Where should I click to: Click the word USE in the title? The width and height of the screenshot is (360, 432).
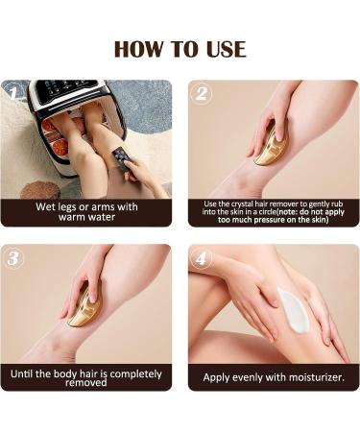click(x=224, y=48)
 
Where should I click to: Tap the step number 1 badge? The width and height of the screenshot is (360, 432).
click(x=14, y=93)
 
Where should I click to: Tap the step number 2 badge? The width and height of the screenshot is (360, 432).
click(x=202, y=93)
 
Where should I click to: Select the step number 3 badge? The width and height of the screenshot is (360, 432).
click(x=14, y=257)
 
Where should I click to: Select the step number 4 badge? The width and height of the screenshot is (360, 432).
click(x=202, y=257)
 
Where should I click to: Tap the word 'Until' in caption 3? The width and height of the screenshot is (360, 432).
click(x=28, y=373)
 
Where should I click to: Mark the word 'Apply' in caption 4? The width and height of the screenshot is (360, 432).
click(x=219, y=377)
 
